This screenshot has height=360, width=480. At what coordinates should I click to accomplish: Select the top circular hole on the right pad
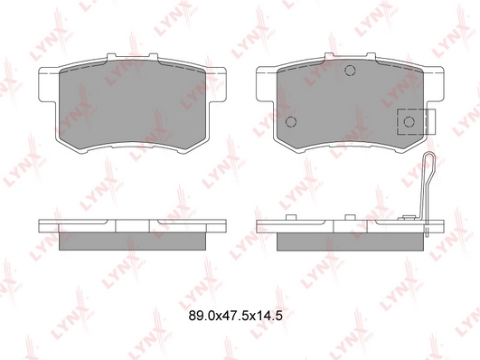coord(350,71)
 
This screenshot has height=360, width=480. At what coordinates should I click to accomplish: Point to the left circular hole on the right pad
coord(291,122)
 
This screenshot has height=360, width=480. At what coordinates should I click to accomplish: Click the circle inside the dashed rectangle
coord(409,122)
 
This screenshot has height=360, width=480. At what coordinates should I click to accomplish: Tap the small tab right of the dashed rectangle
coord(431,121)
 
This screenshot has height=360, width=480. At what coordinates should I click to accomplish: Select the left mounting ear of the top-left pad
coord(47,84)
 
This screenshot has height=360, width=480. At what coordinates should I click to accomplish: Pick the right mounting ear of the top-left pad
coord(218,84)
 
